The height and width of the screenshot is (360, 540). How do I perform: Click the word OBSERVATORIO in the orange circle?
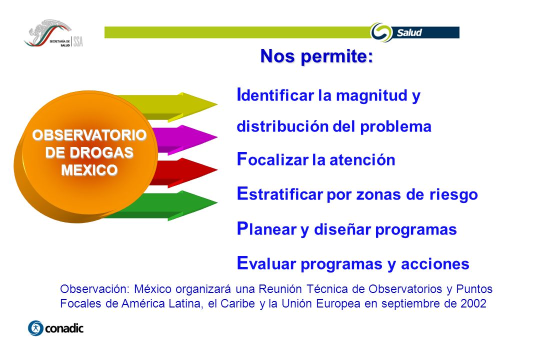(89, 135)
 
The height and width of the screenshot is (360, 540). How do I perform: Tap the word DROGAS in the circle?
(101, 152)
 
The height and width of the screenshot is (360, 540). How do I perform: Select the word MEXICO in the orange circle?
(89, 170)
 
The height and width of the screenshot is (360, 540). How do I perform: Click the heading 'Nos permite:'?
(316, 56)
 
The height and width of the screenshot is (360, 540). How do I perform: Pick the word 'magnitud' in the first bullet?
(371, 95)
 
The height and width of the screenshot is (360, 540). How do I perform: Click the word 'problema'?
(395, 127)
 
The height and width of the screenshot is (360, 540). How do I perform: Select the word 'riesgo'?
(453, 195)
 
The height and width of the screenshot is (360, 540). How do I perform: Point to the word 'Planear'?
(266, 228)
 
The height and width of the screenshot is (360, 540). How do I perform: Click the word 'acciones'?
(435, 264)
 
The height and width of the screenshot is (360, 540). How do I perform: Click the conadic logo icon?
(35, 328)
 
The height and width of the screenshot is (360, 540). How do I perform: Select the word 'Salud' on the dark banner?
(409, 32)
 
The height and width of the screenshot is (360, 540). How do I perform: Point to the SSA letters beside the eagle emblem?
(78, 41)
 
